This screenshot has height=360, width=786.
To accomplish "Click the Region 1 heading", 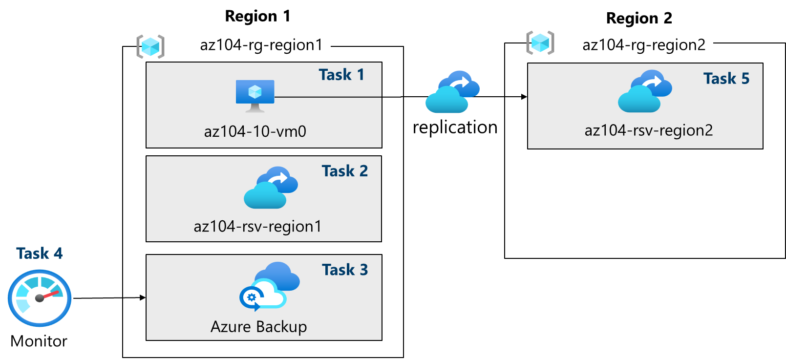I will click(x=257, y=16).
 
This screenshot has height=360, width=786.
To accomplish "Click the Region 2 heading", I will click(x=639, y=18).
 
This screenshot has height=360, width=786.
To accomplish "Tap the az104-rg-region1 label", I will click(x=261, y=45).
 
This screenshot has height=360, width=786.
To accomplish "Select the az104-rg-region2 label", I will click(x=644, y=45).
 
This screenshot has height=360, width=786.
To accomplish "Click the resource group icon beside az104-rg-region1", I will click(x=150, y=47).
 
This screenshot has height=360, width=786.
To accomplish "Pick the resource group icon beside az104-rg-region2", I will click(x=540, y=42).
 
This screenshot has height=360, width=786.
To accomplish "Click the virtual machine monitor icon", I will click(x=255, y=95).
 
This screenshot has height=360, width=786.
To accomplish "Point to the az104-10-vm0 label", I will click(x=255, y=131).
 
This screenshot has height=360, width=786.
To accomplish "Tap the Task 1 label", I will click(x=341, y=75).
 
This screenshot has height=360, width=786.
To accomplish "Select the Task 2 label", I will click(x=344, y=171).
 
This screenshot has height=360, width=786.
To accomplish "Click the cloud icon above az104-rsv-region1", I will click(x=271, y=188).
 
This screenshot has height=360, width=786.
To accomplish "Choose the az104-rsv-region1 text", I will click(x=257, y=227).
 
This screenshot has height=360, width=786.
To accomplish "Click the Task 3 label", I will click(x=344, y=270).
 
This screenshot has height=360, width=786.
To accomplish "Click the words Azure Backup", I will click(x=258, y=327).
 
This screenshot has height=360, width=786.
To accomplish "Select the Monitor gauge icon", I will click(x=40, y=298).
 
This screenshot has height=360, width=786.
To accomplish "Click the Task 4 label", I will click(x=39, y=254).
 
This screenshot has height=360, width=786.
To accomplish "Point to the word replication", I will click(x=455, y=127).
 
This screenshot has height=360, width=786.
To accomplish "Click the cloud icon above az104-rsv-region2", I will click(x=645, y=91).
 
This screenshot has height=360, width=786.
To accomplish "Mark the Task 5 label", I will click(x=726, y=79).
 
